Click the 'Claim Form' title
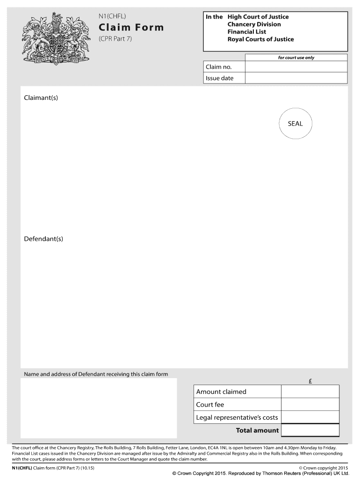pyautogui.click(x=131, y=28)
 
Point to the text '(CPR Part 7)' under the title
pyautogui.click(x=115, y=39)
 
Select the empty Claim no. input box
pyautogui.click(x=296, y=67)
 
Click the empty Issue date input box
pyautogui.click(x=296, y=78)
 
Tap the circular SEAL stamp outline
pyautogui.click(x=295, y=124)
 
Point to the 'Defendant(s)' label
pyautogui.click(x=43, y=239)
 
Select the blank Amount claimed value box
pyautogui.click(x=310, y=392)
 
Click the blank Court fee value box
pyautogui.click(x=310, y=404)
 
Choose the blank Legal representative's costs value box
pyautogui.click(x=310, y=417)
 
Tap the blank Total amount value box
pyautogui.click(x=310, y=430)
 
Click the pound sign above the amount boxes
pyautogui.click(x=310, y=381)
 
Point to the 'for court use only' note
pyautogui.click(x=296, y=58)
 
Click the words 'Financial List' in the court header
pyautogui.click(x=246, y=32)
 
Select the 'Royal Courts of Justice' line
pyautogui.click(x=260, y=39)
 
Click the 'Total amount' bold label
pyautogui.click(x=257, y=430)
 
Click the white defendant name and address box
pyautogui.click(x=99, y=408)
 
